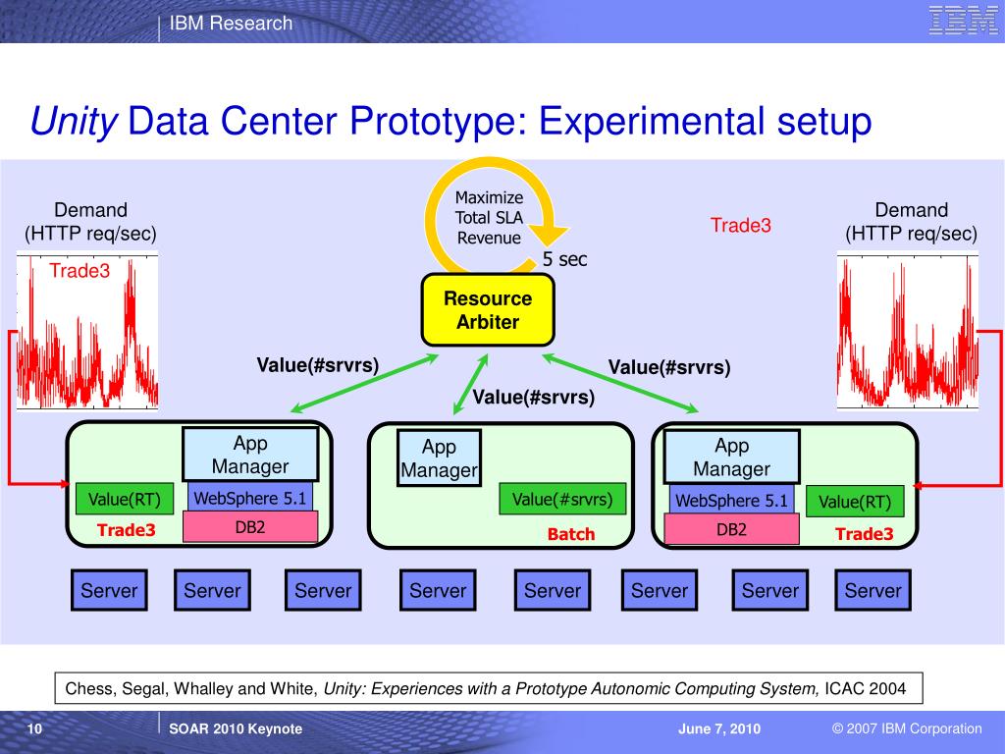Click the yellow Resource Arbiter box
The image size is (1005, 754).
point(488,310)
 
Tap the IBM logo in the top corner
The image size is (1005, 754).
point(963,21)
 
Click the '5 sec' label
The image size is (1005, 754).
point(564,259)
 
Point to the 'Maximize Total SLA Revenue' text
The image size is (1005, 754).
point(489,218)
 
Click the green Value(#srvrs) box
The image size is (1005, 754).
point(562,500)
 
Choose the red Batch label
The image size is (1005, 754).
point(571,534)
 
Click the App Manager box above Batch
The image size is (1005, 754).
point(439,458)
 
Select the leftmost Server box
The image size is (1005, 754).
point(109,590)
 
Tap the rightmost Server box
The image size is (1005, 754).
point(873,590)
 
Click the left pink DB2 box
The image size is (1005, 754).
point(250,527)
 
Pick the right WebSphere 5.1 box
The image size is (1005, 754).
point(731,501)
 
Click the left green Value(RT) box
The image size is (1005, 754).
point(124,500)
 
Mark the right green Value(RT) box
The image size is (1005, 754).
point(854,502)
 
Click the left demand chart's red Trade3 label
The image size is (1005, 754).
point(79,271)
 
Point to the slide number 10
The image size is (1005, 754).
point(34,728)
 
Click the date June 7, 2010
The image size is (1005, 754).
point(718,728)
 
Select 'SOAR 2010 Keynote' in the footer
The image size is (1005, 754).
point(236,728)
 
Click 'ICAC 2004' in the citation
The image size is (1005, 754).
point(865,689)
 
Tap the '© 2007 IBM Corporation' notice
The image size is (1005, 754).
point(906,728)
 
